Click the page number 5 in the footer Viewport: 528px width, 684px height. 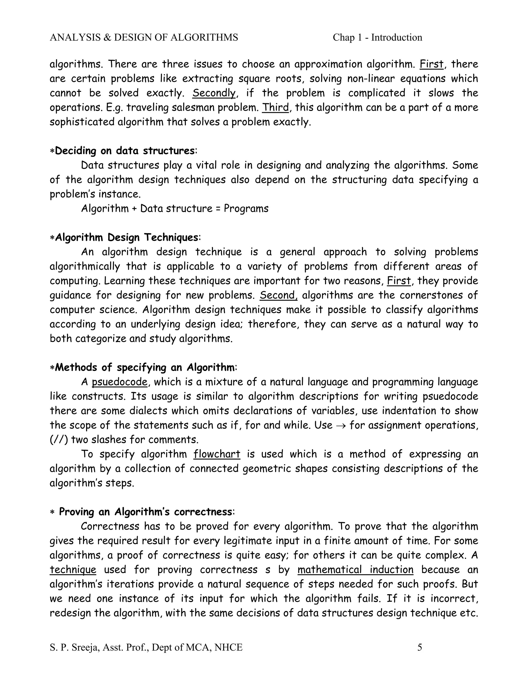pyautogui.click(x=419, y=647)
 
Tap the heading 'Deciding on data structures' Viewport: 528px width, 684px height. pyautogui.click(x=125, y=151)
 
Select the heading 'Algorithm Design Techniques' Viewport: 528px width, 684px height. pyautogui.click(x=126, y=237)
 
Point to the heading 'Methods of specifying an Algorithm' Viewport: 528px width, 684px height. pyautogui.click(x=145, y=367)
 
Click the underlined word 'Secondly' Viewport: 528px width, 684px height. pyautogui.click(x=214, y=93)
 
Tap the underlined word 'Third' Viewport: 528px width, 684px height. pyautogui.click(x=275, y=107)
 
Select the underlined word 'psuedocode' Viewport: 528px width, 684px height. pyautogui.click(x=119, y=382)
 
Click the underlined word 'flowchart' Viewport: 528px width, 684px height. pyautogui.click(x=217, y=454)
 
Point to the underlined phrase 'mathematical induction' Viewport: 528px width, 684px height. pyautogui.click(x=355, y=569)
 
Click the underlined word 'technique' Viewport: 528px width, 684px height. pyautogui.click(x=73, y=569)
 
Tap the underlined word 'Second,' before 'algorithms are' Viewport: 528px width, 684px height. pyautogui.click(x=278, y=295)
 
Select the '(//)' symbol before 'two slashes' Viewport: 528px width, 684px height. pyautogui.click(x=59, y=440)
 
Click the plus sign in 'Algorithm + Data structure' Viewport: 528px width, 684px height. pyautogui.click(x=134, y=209)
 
